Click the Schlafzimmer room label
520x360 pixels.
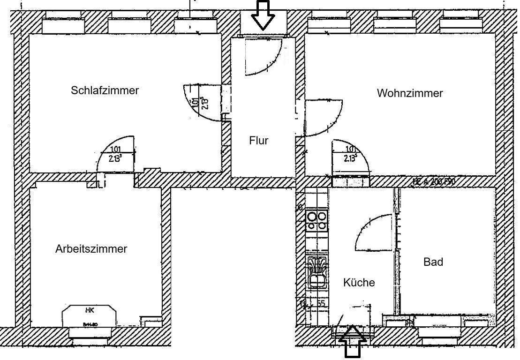tap(105, 90)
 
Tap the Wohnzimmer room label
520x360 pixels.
tap(410, 93)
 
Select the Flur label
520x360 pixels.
tap(258, 140)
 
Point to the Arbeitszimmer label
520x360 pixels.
tap(91, 249)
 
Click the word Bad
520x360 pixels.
tap(433, 262)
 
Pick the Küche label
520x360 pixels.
tap(359, 283)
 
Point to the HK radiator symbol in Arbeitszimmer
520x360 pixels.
tap(89, 317)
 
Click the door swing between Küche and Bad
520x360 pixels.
tap(373, 233)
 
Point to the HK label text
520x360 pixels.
tap(89, 310)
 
